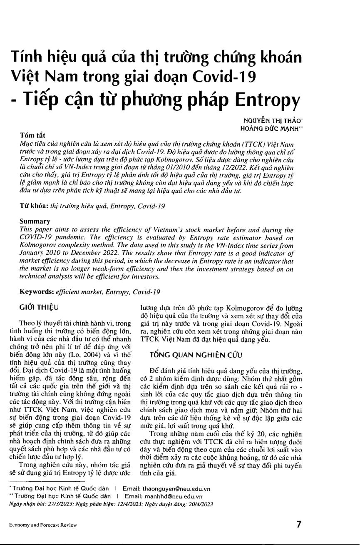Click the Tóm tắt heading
(x=32, y=136)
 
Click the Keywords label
(x=37, y=292)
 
